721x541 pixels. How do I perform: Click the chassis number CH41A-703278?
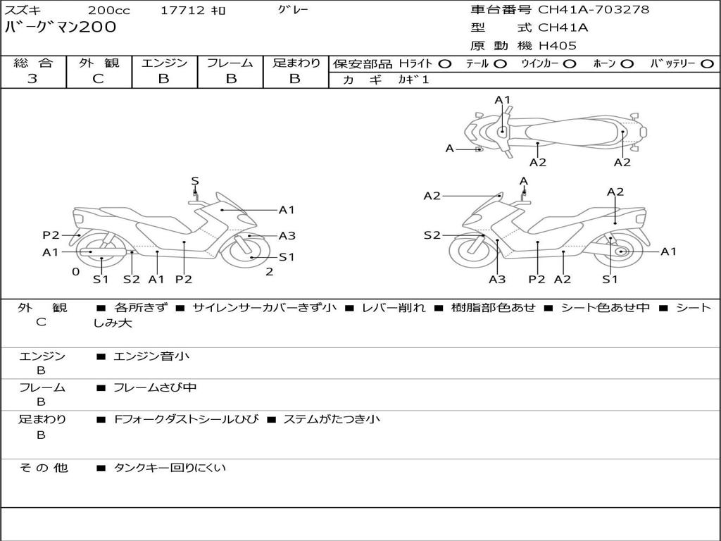point(594,10)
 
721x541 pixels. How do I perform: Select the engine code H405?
point(558,46)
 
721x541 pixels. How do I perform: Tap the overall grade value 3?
point(32,79)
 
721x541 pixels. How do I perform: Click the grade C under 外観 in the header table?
point(99,79)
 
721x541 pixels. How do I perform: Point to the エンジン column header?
point(164,63)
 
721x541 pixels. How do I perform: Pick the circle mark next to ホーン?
point(627,64)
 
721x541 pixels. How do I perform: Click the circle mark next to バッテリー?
point(707,64)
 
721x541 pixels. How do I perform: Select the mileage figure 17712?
point(182,10)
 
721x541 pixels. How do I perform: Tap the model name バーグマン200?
point(61,27)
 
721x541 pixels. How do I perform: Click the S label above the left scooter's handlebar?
point(195,181)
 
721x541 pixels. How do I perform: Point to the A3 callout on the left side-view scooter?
point(287,236)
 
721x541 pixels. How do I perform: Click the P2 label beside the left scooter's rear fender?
point(51,235)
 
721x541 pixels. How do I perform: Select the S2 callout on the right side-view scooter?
point(432,235)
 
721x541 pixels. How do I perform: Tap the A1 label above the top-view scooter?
point(502,100)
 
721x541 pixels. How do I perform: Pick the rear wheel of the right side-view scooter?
point(617,251)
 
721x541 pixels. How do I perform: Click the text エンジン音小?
point(151,356)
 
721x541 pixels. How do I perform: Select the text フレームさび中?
point(155,388)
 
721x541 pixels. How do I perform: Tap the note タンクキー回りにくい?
point(170,468)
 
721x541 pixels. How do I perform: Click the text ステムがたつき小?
point(332,419)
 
